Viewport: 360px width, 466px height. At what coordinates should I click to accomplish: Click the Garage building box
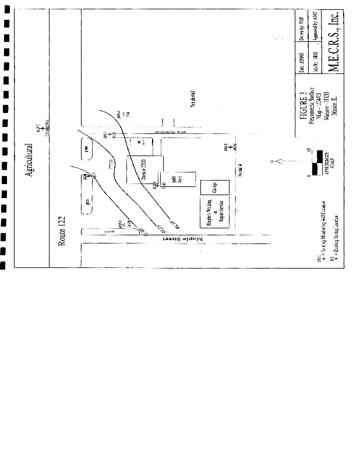(x=214, y=188)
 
